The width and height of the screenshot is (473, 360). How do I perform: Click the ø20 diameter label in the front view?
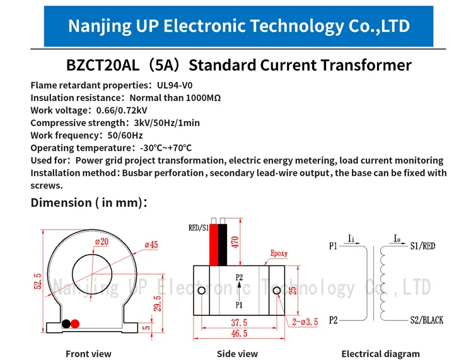point(102,241)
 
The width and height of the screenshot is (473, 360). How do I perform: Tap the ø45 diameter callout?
point(151,245)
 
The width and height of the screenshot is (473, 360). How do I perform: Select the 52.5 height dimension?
point(38,281)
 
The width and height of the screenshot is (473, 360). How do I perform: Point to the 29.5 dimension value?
point(157,303)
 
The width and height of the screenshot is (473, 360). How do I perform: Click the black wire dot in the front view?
point(66,324)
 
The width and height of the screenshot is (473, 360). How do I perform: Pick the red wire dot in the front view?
point(75,324)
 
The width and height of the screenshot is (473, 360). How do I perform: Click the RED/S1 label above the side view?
point(199,228)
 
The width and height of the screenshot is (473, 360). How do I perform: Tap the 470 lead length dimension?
point(235,242)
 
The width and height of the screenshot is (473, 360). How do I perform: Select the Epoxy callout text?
point(279,253)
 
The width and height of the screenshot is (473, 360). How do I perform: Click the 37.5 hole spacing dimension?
point(239,323)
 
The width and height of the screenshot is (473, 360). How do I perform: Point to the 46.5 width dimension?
point(239,333)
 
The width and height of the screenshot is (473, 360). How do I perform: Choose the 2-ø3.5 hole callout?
point(305,322)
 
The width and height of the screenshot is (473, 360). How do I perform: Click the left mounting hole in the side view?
point(202,291)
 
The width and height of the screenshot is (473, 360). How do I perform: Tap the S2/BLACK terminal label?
point(426,320)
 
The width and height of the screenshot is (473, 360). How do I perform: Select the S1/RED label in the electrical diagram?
point(423,246)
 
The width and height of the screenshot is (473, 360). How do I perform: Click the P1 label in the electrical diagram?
point(333,246)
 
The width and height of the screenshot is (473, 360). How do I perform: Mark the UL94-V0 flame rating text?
point(175,85)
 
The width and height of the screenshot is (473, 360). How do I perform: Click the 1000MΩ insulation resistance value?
point(203,98)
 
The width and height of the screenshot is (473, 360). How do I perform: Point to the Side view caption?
point(237,354)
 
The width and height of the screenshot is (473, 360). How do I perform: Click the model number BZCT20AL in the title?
point(103,65)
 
